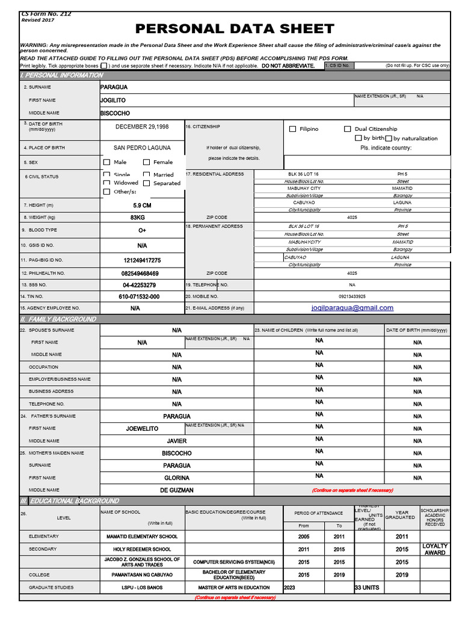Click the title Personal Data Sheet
point(234,29)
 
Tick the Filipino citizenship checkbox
point(293,129)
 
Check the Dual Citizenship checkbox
point(348,129)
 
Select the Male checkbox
point(107,162)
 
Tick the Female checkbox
point(147,162)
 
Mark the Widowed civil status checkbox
point(107,183)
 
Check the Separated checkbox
point(147,183)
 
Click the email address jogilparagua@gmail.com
point(353,308)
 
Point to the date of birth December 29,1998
point(142,127)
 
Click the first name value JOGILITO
point(113,101)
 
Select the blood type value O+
point(142,230)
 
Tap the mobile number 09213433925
point(352,296)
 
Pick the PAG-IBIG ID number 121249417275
point(142,260)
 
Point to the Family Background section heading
point(58,319)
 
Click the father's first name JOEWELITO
point(142,428)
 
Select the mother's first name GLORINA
point(177,478)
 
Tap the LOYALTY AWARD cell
point(435,549)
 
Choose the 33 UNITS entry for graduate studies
point(367,587)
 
